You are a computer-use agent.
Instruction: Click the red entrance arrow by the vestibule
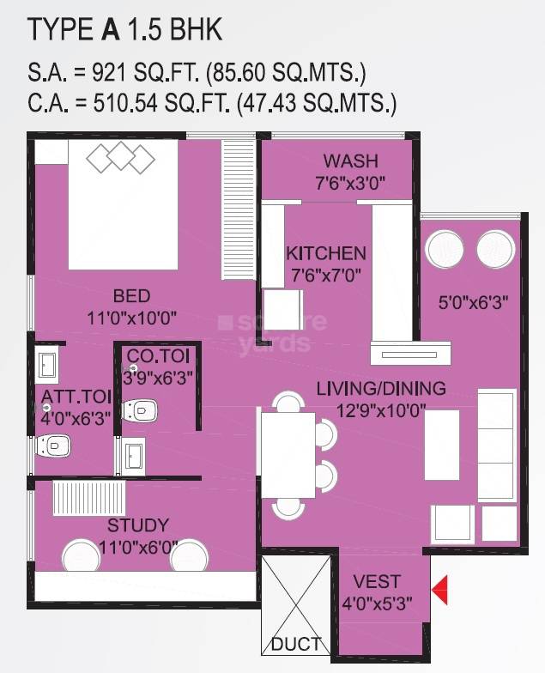440,591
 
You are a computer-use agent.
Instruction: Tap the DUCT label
295,644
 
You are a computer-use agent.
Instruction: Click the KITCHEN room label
326,253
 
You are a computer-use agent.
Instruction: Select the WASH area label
350,161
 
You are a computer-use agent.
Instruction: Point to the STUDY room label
137,524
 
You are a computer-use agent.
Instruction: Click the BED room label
131,296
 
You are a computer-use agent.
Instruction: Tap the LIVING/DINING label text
381,388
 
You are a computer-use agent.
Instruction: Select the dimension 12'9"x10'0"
382,409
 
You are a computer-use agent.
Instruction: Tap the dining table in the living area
288,455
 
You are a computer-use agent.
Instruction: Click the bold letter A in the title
110,31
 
